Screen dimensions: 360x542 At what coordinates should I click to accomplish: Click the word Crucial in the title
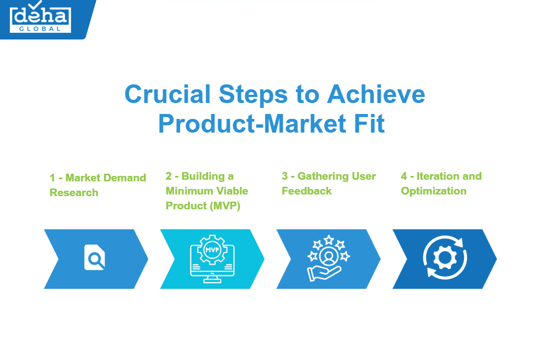point(168,94)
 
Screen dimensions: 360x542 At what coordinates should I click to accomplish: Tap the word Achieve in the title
point(376,94)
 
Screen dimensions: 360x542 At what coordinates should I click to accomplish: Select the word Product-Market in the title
point(244,123)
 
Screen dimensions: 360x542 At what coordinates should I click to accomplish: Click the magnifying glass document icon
point(94,258)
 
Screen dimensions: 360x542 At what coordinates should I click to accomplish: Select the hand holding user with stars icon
point(328,258)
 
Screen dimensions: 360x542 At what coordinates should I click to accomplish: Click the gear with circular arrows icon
point(445,258)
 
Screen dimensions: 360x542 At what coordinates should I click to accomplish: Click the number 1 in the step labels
point(53,178)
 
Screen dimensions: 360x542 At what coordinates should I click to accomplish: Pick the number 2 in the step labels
point(169,176)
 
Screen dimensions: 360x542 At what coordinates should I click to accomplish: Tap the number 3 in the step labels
point(285,176)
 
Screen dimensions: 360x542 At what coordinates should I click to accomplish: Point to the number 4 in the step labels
point(404,176)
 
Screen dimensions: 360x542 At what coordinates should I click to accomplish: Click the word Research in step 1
point(74,193)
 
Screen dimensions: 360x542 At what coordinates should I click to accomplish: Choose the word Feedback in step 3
point(307,191)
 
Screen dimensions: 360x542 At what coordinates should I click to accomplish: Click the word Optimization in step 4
point(434,191)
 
